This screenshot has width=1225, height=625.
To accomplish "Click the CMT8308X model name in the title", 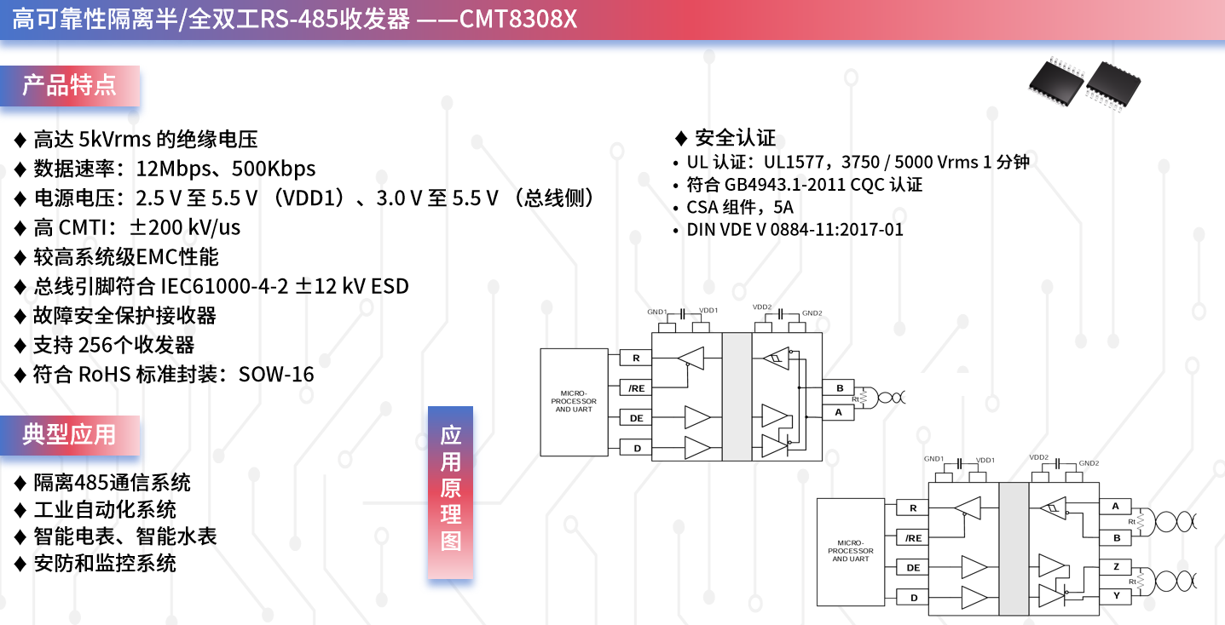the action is [518, 19].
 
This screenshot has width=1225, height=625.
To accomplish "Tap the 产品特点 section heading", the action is [69, 86].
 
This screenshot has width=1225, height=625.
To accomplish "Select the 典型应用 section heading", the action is [69, 435].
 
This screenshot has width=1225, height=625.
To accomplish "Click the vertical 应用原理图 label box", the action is [451, 492].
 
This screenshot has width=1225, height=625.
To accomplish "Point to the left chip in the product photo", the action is [1056, 83].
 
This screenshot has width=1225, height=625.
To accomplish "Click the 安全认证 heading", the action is [735, 138].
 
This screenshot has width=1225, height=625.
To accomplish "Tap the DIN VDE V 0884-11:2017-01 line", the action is [795, 230].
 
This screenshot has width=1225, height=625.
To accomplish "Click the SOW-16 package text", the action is [276, 375].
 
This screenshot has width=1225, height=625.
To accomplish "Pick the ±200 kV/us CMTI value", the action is [185, 227].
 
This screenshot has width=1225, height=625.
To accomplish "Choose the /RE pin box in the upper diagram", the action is [636, 388].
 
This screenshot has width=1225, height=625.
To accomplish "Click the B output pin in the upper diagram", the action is [840, 388].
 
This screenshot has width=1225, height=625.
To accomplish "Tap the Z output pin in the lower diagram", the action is [1116, 566].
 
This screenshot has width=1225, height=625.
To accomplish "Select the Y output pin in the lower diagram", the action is [1116, 595].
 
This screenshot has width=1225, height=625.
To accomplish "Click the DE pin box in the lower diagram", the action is [913, 568].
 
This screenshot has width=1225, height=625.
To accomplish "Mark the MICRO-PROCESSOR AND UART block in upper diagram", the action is [574, 402].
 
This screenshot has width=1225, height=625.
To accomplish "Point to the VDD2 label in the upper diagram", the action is [762, 307].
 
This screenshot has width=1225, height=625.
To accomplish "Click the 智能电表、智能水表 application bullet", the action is [125, 536].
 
